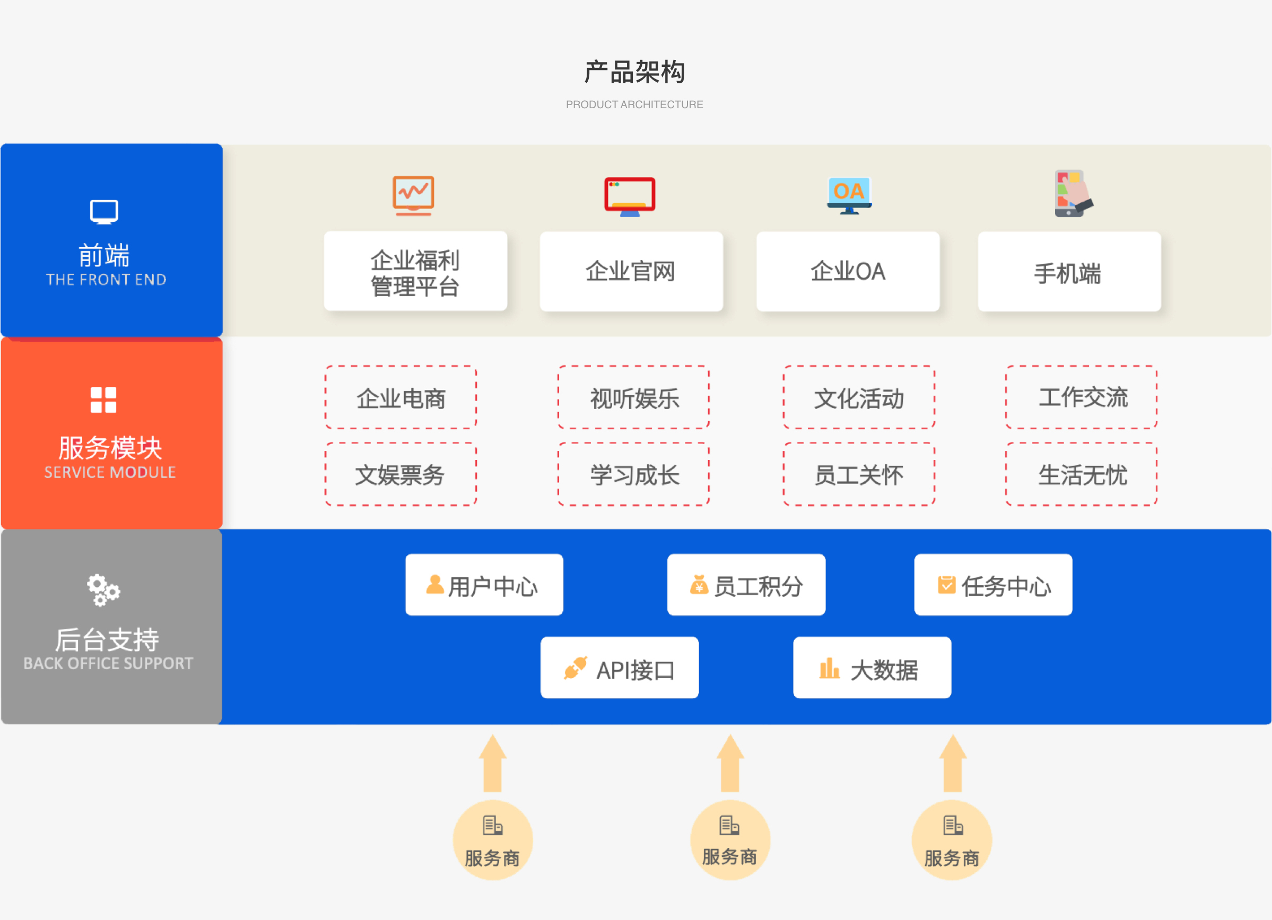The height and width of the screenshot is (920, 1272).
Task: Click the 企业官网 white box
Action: (x=631, y=272)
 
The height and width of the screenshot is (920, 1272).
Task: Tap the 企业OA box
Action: (x=848, y=272)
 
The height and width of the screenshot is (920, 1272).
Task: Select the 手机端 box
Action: (x=1068, y=272)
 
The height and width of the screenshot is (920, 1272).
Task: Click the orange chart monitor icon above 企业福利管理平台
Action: (x=413, y=195)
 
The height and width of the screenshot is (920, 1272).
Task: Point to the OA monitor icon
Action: (x=849, y=195)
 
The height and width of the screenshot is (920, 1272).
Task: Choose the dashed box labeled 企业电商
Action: (x=400, y=398)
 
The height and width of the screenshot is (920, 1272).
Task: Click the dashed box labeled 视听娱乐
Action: (x=633, y=398)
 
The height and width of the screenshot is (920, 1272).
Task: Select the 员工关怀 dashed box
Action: (x=859, y=474)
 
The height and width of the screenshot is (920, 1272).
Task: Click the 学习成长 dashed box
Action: (x=633, y=474)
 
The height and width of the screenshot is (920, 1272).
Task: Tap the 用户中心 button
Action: (x=484, y=585)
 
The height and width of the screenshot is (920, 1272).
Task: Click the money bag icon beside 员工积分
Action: (x=698, y=585)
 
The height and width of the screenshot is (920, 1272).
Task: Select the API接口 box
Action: (x=619, y=667)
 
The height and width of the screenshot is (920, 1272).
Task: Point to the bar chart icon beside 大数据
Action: (x=829, y=668)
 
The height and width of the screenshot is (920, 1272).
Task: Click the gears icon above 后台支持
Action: (x=103, y=589)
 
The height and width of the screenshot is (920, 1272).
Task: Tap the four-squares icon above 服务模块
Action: (x=104, y=400)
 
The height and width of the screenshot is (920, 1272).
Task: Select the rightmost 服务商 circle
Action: (x=951, y=840)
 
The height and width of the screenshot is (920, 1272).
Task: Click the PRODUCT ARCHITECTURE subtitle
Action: (x=634, y=105)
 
